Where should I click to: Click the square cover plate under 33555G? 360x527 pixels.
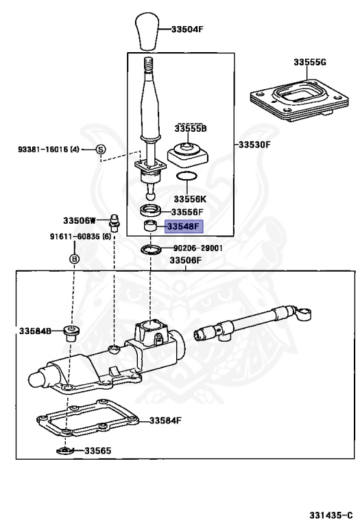tap(296, 95)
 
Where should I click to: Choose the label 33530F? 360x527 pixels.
tap(255, 145)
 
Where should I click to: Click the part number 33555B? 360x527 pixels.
tap(190, 128)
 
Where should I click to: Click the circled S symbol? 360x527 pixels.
tap(99, 149)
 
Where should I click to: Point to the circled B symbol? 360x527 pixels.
tap(74, 259)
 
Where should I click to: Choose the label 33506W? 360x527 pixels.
tap(78, 221)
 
